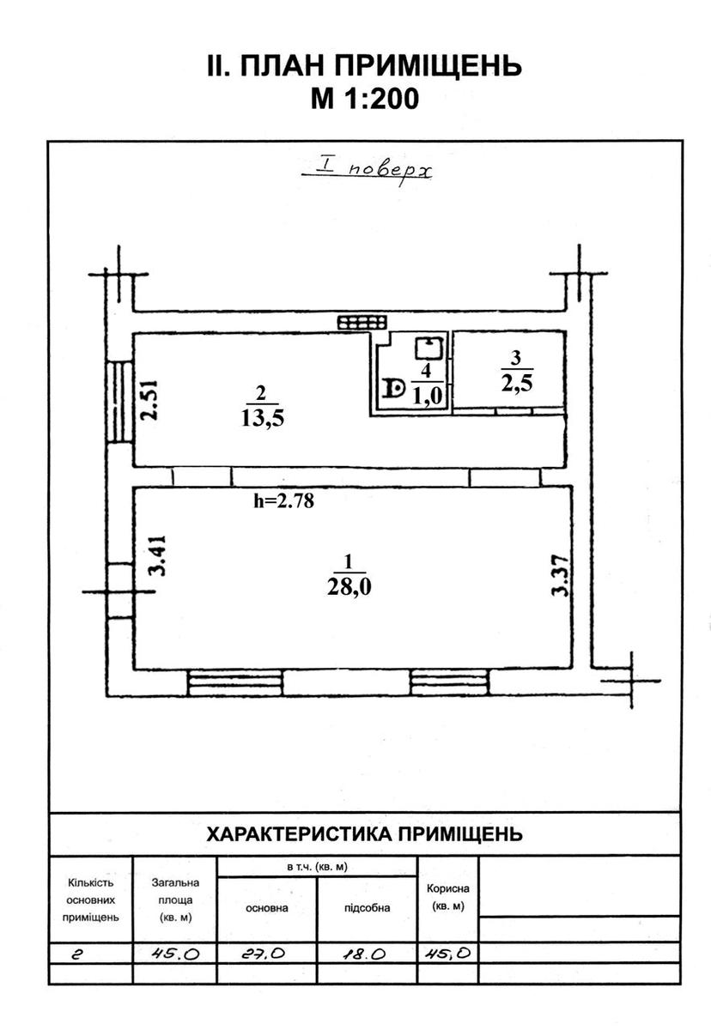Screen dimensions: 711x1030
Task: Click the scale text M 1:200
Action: [365, 99]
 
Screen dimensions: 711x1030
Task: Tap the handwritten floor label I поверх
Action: [367, 171]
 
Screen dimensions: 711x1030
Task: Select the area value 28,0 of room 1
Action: [349, 587]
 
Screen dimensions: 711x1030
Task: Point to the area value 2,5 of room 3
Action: [517, 382]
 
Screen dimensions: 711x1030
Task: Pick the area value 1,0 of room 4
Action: [428, 396]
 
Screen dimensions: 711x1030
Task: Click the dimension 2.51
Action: [149, 400]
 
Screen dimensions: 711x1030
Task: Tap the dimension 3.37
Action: [561, 576]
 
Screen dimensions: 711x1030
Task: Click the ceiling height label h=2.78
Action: [283, 500]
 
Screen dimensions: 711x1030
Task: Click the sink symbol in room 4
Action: [429, 348]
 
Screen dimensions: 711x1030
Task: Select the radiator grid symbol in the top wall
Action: [362, 323]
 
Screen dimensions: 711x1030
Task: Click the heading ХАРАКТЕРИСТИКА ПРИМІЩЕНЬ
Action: [364, 834]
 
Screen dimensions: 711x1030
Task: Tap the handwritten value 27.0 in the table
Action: [264, 954]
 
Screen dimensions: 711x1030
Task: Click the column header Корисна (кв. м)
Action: [448, 897]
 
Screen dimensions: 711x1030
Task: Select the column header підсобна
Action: [367, 908]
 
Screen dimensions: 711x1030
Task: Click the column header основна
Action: [267, 908]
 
